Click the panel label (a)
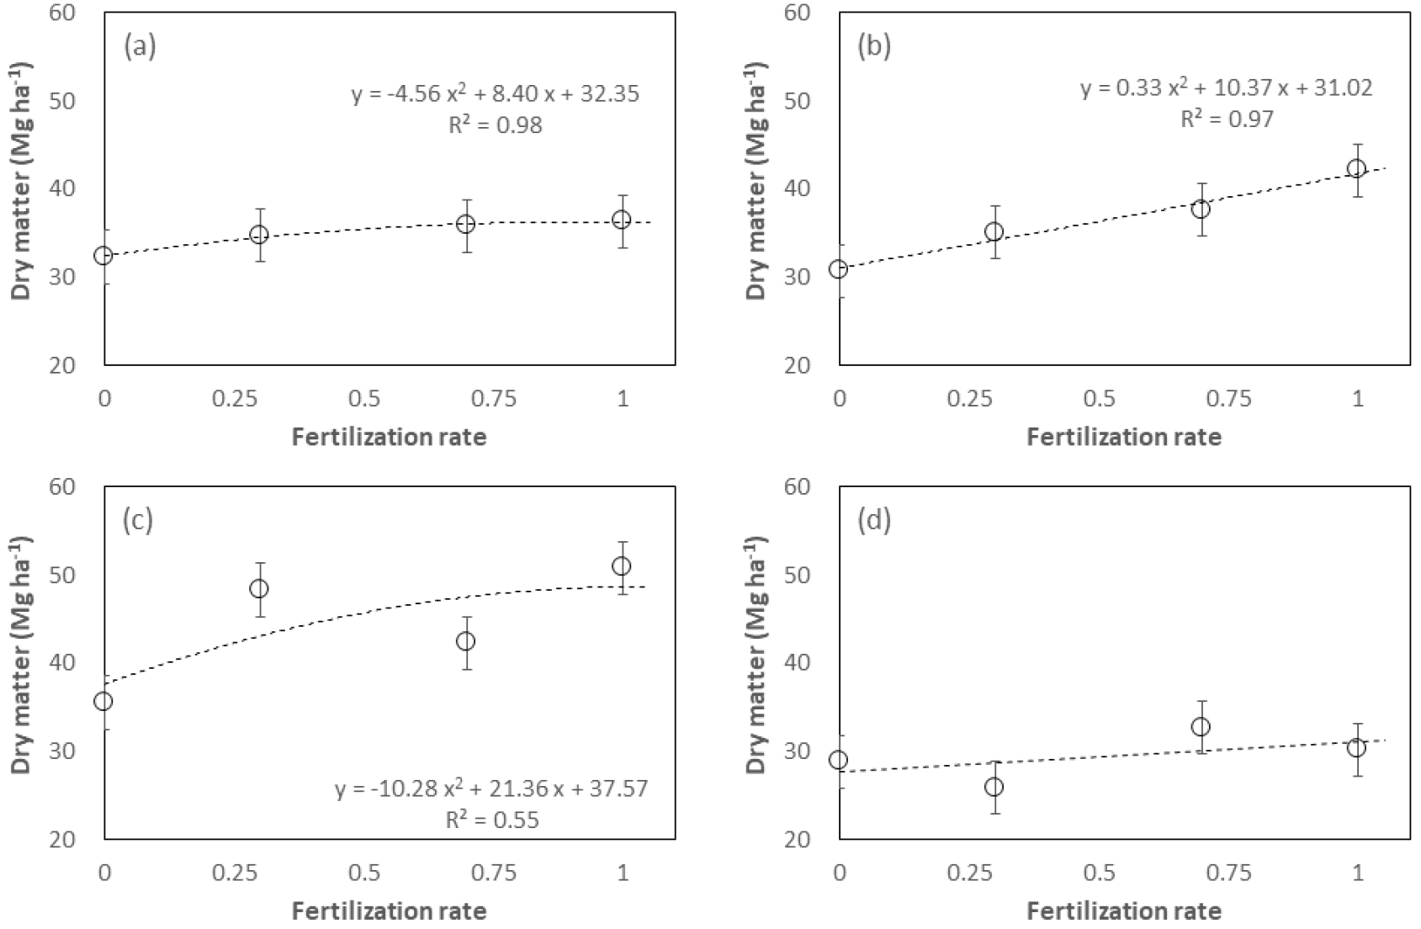point(140,46)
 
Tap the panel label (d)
point(874,521)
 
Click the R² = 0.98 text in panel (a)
point(495,125)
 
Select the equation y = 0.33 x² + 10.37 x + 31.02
point(1227,87)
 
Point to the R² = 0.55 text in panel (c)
point(492,819)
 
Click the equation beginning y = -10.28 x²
point(492,788)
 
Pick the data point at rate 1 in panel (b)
point(1356,169)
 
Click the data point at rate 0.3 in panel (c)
point(259,588)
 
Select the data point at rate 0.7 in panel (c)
point(465,641)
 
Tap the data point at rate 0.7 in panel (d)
point(1201,726)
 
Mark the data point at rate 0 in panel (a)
point(103,255)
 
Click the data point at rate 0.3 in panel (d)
point(994,787)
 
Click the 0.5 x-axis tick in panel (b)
point(1100,399)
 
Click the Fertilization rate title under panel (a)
point(389,437)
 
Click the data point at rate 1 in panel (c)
point(622,566)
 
